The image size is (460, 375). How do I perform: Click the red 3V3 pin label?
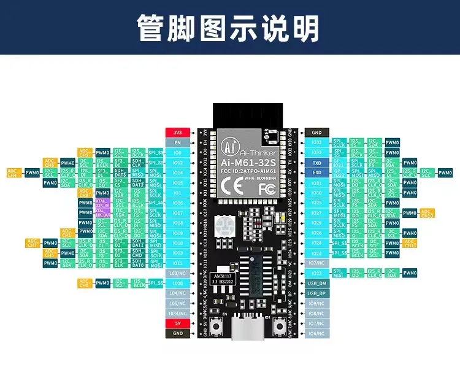click(178, 132)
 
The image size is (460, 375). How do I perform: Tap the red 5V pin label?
click(178, 323)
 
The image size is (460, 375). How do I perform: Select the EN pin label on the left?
click(178, 142)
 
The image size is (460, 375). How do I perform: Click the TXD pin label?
click(316, 163)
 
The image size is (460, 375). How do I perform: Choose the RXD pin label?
click(316, 172)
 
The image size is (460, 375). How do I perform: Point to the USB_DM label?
click(316, 283)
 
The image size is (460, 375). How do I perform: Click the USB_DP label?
click(316, 293)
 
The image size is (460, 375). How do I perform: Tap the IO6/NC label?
click(316, 333)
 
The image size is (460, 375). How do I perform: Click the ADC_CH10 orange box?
click(427, 213)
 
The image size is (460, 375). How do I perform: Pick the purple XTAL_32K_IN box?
click(102, 202)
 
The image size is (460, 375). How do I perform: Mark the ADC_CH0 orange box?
click(85, 283)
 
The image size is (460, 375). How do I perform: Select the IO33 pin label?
click(316, 142)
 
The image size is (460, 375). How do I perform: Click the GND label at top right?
click(316, 132)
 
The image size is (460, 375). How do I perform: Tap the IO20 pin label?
click(178, 283)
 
